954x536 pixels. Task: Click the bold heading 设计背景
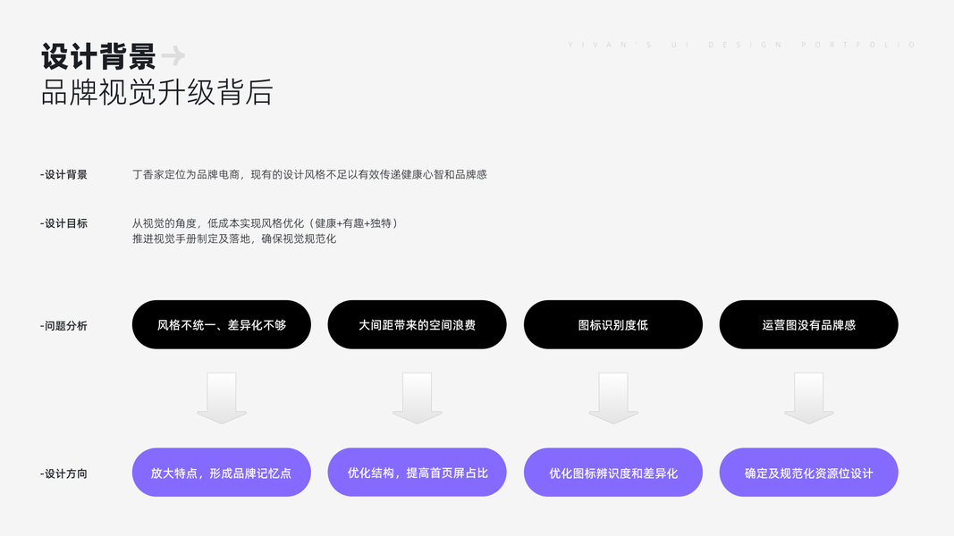tap(98, 56)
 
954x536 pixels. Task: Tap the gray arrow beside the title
tap(173, 56)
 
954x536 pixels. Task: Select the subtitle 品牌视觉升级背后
tap(156, 92)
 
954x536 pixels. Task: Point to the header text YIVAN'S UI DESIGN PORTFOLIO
tap(742, 45)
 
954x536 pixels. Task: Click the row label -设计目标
tap(63, 223)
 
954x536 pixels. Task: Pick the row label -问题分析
tap(63, 326)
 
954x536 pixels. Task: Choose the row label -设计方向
tap(63, 473)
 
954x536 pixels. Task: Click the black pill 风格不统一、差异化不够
tap(222, 325)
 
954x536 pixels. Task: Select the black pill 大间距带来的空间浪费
tap(417, 325)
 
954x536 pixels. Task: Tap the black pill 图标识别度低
tap(612, 325)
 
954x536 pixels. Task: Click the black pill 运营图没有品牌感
tap(808, 325)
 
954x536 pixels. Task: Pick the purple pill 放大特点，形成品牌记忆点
tap(222, 473)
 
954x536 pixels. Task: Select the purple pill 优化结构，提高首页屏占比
tap(417, 473)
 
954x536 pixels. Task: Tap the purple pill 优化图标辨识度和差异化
tap(612, 473)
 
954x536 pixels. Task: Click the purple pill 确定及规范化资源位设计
tap(808, 473)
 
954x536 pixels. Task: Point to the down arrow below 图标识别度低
tap(613, 398)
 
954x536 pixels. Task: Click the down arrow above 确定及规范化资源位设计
tap(809, 398)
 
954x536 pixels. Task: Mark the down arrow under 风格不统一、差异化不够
tap(222, 398)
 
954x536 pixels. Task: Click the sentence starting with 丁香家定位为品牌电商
tap(309, 175)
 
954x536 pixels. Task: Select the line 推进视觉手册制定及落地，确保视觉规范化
tap(234, 239)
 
